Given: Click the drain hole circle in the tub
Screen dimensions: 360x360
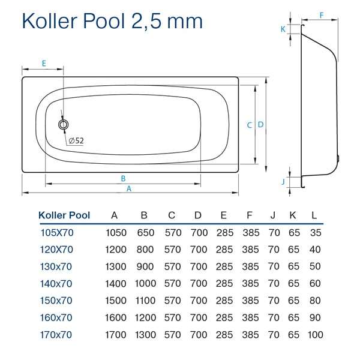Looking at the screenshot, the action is coord(63,125).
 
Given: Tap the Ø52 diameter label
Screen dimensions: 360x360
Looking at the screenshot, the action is coord(76,140).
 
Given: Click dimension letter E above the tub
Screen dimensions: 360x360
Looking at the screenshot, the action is coord(44,63).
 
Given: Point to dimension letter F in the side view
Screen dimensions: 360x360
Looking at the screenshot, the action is coord(322,15).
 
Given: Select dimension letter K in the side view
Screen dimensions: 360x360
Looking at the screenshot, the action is coord(283,29).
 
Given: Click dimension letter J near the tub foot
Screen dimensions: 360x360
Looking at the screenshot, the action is coord(283,182).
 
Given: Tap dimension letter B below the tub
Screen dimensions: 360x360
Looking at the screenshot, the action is coord(123,178).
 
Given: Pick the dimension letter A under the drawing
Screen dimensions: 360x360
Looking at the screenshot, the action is coord(129,188).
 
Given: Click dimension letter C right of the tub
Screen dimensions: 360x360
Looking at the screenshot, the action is coord(250,125).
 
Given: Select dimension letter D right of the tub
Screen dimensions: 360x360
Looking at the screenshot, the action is coord(260,124).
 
